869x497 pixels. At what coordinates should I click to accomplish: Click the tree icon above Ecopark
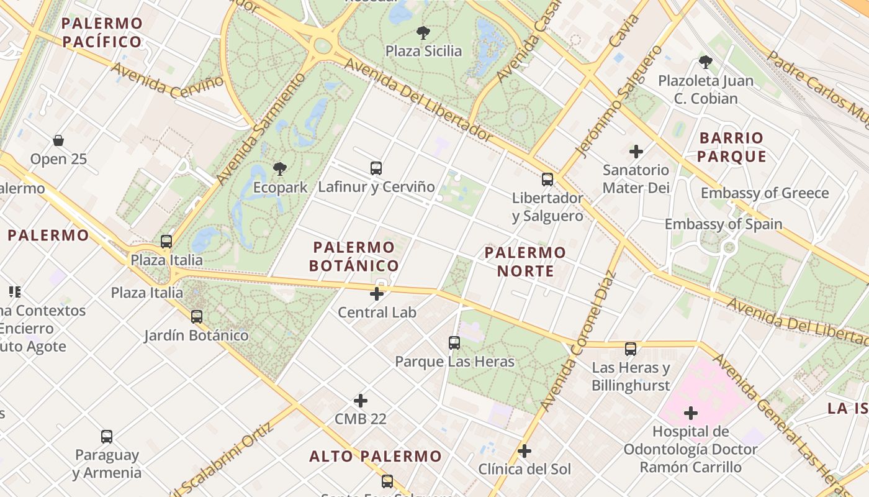click(x=280, y=168)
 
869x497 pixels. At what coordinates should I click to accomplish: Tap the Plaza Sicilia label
click(x=424, y=51)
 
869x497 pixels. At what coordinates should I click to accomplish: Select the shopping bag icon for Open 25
click(x=58, y=140)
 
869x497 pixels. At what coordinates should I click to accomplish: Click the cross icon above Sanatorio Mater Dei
click(x=636, y=151)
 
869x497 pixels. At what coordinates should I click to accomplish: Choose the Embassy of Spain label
click(x=723, y=224)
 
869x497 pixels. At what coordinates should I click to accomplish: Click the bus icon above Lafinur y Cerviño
click(x=376, y=168)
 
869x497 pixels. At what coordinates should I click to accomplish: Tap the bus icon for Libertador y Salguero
click(x=547, y=180)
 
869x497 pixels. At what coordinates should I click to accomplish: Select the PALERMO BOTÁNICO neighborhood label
click(x=354, y=257)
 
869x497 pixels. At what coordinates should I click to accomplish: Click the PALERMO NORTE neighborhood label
click(x=525, y=262)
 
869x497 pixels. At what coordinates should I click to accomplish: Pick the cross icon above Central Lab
click(x=377, y=294)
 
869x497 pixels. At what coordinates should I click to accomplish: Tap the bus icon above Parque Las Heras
click(x=454, y=342)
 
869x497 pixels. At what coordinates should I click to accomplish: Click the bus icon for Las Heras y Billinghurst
click(x=631, y=349)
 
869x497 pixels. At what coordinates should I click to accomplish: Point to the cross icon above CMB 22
click(x=361, y=401)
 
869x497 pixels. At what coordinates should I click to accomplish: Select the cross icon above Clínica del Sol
click(x=525, y=451)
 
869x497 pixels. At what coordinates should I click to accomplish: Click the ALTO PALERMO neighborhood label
click(x=376, y=457)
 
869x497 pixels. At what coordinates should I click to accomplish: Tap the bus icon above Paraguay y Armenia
click(x=107, y=437)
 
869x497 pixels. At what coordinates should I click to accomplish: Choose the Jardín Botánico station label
click(x=196, y=335)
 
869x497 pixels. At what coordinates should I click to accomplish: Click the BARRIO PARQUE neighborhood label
click(x=731, y=147)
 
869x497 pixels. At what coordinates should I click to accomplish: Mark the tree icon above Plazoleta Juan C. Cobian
click(x=705, y=62)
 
